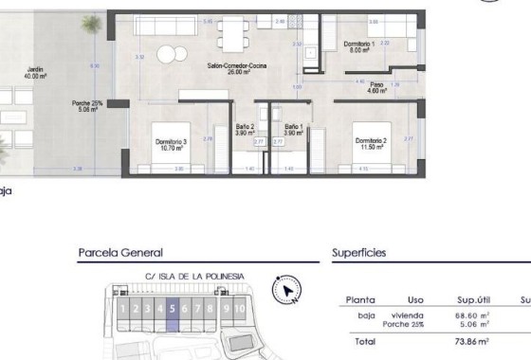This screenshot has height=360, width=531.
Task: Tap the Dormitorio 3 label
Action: click(x=172, y=144)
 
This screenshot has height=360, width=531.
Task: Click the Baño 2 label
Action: click(x=245, y=130)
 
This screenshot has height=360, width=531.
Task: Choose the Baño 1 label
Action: click(x=293, y=130)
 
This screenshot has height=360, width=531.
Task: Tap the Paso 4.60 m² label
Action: click(x=377, y=87)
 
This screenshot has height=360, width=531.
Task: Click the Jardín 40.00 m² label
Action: click(x=37, y=72)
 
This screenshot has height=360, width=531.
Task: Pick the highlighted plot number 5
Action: click(x=172, y=308)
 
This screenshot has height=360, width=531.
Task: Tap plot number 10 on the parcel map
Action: click(x=241, y=308)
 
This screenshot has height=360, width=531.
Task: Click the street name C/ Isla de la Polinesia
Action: click(x=187, y=276)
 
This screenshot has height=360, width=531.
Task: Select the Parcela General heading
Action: click(x=119, y=253)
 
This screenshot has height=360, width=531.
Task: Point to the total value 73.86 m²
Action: click(x=469, y=340)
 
